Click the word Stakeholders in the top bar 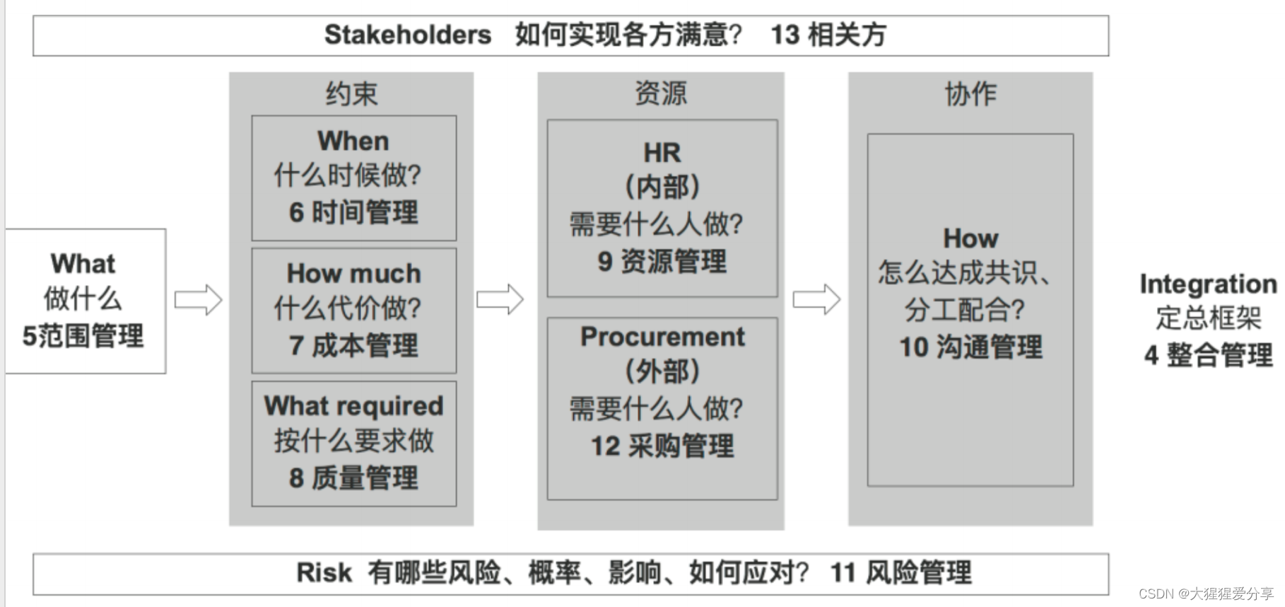(x=407, y=35)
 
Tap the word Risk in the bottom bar (x=324, y=572)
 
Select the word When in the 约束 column (x=353, y=141)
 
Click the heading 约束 (x=351, y=93)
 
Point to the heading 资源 (x=660, y=93)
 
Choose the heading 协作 (x=970, y=93)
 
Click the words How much (x=353, y=273)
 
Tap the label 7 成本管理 (x=353, y=345)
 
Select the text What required (x=353, y=405)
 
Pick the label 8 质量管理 (x=353, y=478)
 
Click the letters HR (x=662, y=153)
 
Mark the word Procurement (x=662, y=337)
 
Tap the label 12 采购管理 (x=662, y=446)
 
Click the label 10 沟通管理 (x=970, y=347)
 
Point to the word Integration (x=1208, y=284)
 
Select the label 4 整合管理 (x=1208, y=354)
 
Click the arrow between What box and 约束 (x=198, y=300)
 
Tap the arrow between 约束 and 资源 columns (x=500, y=300)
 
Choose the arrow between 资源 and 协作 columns (x=816, y=300)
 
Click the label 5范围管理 (x=83, y=335)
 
